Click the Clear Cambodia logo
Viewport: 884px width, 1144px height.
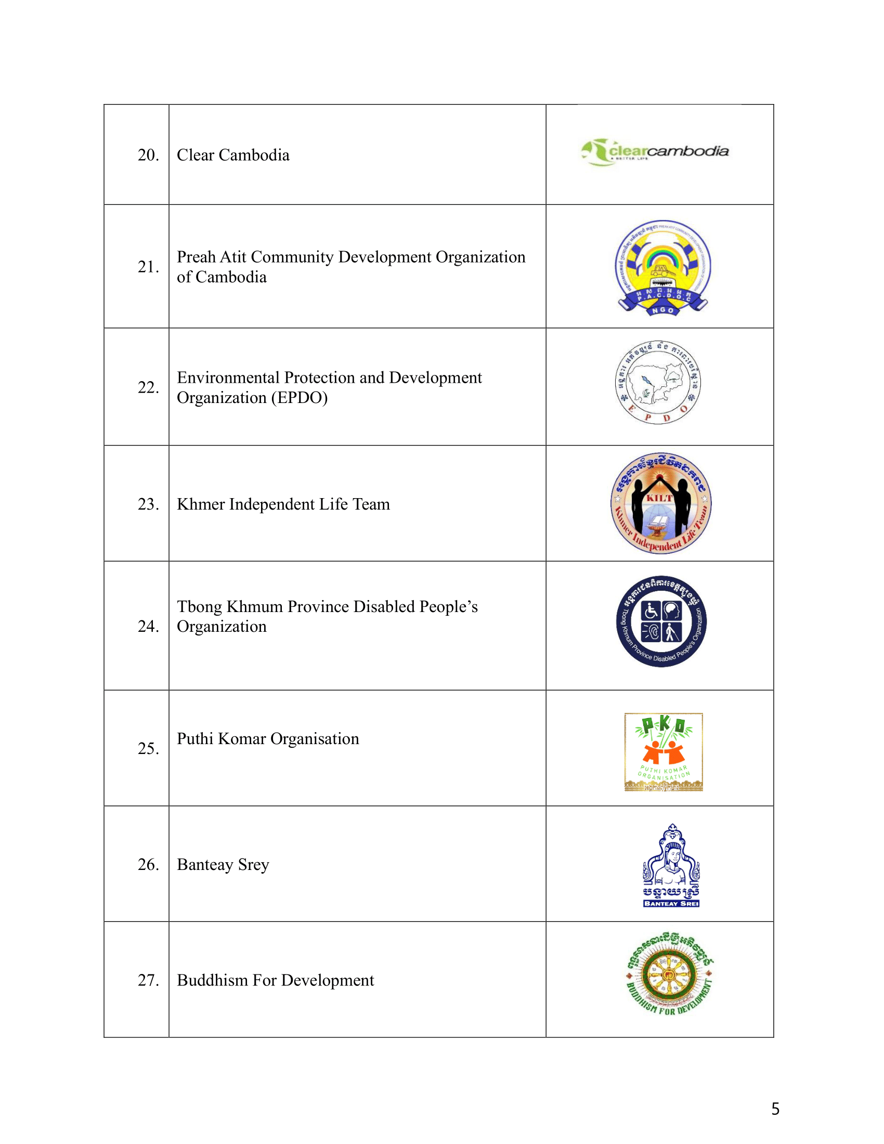point(655,152)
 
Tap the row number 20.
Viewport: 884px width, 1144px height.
point(148,155)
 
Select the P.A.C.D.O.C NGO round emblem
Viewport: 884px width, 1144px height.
point(662,268)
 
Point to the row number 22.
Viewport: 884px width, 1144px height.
point(148,387)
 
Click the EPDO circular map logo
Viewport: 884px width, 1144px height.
point(658,382)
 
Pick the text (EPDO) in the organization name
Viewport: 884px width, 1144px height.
point(299,398)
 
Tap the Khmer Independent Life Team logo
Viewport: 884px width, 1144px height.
point(661,503)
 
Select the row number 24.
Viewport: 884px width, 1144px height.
point(148,626)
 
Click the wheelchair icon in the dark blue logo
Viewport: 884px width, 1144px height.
point(651,611)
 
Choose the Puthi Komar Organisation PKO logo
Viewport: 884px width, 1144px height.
point(664,752)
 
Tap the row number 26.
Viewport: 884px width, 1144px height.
point(148,864)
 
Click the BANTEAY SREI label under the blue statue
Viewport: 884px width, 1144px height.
point(671,904)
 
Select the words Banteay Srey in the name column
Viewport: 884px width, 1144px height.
point(223,865)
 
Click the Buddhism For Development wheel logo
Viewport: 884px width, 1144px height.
point(669,975)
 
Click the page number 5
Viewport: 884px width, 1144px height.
point(775,1109)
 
